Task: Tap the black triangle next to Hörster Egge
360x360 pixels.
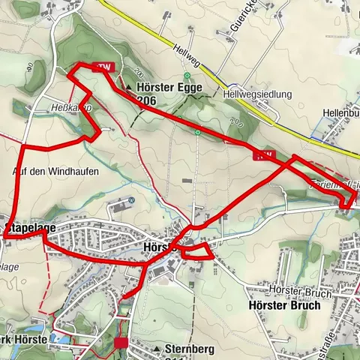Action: (129, 88)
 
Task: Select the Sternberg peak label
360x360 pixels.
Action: (188, 349)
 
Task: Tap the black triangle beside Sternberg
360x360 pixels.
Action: (156, 349)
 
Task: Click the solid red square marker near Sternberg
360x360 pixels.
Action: (121, 343)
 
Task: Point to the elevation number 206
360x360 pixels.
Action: (147, 100)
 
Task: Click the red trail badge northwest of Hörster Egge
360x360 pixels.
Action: (106, 67)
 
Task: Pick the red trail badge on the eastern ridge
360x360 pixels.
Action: (262, 155)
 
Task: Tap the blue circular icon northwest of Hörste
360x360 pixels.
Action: (130, 200)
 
